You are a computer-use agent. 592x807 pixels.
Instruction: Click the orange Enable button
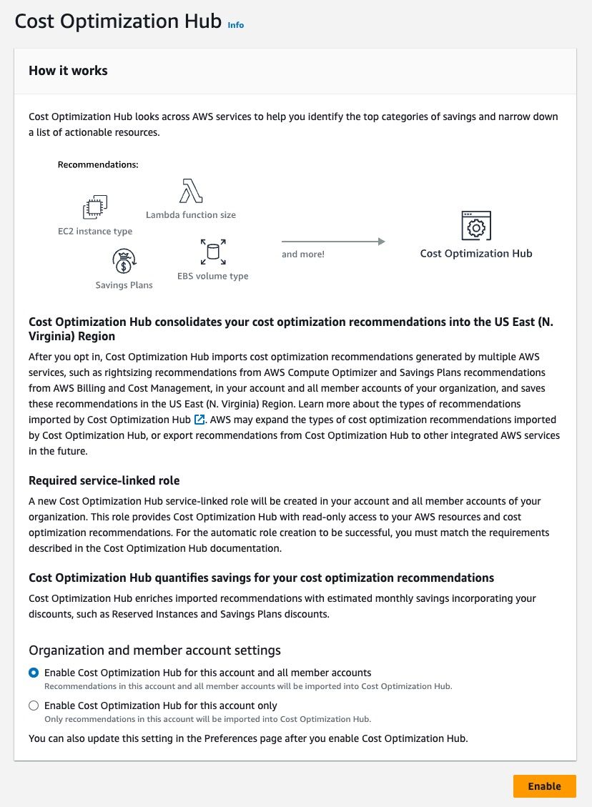[x=544, y=786]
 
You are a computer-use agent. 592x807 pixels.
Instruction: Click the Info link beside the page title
[x=235, y=25]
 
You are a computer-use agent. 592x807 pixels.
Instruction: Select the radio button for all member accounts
[x=34, y=673]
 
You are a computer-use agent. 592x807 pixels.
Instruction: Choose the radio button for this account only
[x=34, y=705]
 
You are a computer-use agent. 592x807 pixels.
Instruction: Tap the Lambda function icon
[x=191, y=192]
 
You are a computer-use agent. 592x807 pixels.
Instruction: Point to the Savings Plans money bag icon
[x=124, y=261]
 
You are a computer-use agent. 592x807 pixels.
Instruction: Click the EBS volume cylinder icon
[x=212, y=252]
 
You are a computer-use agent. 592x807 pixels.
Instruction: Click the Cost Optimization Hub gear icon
[x=476, y=226]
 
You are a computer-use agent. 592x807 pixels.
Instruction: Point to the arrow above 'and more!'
[x=333, y=242]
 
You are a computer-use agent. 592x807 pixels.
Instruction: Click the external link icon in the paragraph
[x=199, y=419]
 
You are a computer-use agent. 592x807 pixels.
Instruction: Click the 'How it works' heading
[x=68, y=71]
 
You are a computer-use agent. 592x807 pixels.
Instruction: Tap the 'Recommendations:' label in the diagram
[x=97, y=164]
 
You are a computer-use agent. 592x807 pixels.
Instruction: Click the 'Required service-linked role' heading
[x=104, y=481]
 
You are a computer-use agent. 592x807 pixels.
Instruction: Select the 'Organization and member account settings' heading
[x=154, y=650]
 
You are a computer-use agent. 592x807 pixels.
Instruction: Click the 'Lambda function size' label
[x=190, y=214]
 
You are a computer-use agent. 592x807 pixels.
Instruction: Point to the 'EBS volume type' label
[x=213, y=276]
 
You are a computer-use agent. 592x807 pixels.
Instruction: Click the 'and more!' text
[x=303, y=254]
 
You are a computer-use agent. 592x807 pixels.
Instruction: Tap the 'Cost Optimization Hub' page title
[x=118, y=21]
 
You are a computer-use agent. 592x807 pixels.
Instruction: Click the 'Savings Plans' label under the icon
[x=124, y=285]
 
